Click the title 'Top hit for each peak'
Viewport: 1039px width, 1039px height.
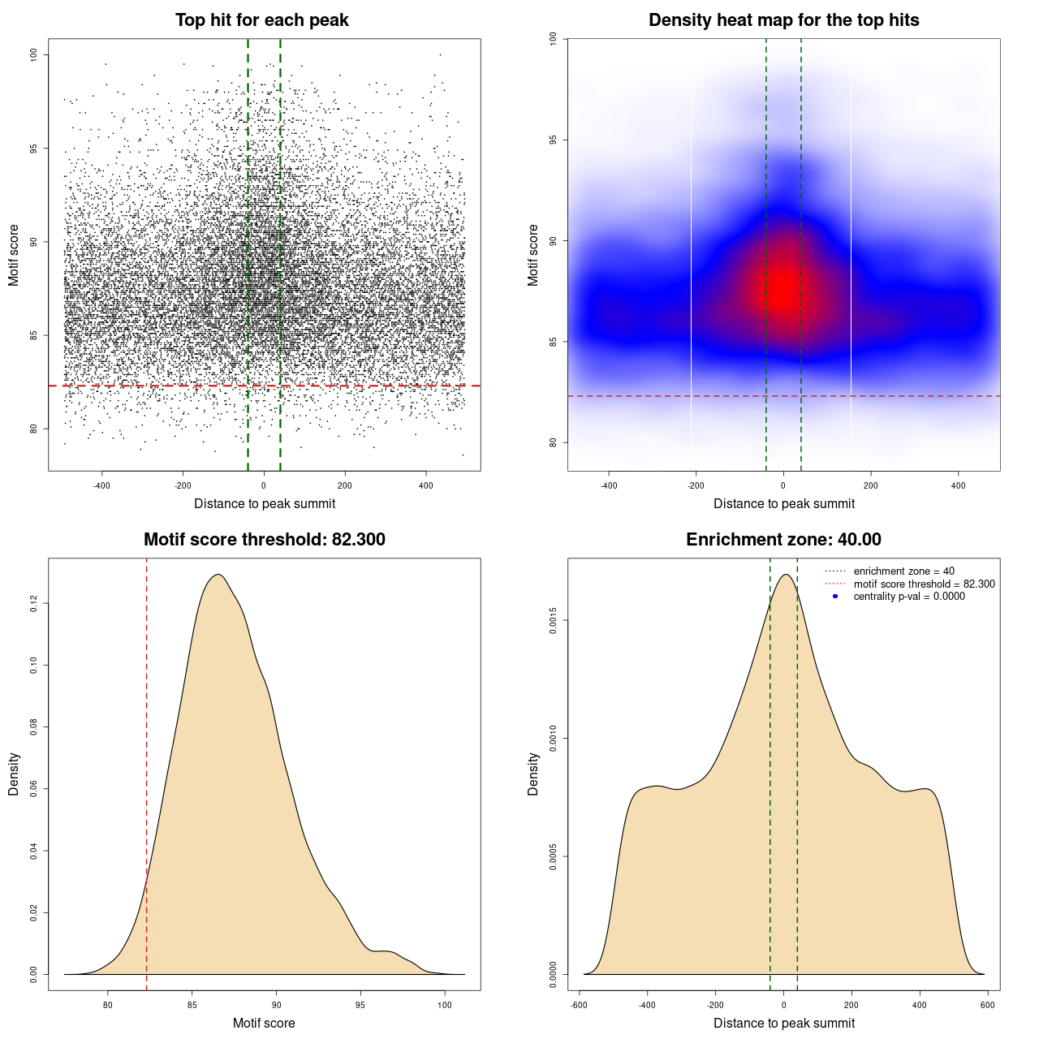(261, 20)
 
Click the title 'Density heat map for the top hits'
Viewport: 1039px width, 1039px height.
(783, 20)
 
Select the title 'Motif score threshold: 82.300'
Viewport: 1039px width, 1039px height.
(264, 540)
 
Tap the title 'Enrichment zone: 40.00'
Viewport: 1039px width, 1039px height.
(783, 540)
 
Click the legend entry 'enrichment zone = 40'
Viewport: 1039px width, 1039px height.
(903, 571)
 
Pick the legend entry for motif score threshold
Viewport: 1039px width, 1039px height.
(924, 584)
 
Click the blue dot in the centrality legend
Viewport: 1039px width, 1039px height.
(835, 597)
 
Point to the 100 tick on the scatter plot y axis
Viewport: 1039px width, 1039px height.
(34, 54)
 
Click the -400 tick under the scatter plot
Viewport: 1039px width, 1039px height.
(101, 485)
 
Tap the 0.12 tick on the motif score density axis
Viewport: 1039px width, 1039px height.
(34, 603)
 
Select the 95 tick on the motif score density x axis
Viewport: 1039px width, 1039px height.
(360, 1005)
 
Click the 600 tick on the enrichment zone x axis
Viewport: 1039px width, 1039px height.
(987, 1005)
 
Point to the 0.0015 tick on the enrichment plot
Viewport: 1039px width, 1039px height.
(554, 621)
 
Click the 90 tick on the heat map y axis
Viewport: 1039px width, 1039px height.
(554, 241)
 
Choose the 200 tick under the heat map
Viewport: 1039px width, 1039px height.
(870, 485)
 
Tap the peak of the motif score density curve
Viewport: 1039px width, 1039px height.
(218, 575)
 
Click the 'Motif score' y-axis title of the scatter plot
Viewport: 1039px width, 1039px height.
(14, 255)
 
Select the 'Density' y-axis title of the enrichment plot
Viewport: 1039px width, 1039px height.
(533, 774)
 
